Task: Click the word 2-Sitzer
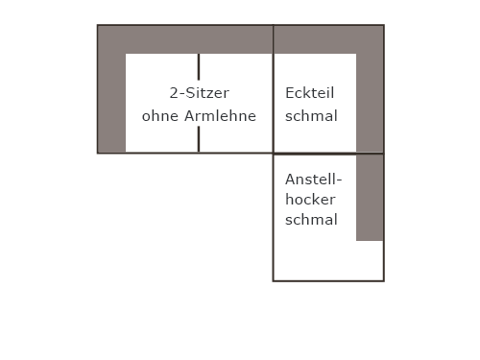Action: pyautogui.click(x=200, y=93)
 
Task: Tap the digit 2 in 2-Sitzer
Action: pyautogui.click(x=174, y=93)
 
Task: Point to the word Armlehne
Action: pyautogui.click(x=220, y=116)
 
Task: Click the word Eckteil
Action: pyautogui.click(x=309, y=93)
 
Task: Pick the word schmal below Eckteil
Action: pyautogui.click(x=311, y=116)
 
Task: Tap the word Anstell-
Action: pyautogui.click(x=314, y=180)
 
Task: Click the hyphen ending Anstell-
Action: pyautogui.click(x=338, y=181)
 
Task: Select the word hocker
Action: pyautogui.click(x=310, y=200)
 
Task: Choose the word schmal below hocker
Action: pyautogui.click(x=311, y=220)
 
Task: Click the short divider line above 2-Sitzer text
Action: pyautogui.click(x=199, y=67)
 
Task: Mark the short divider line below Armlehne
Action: pyautogui.click(x=199, y=139)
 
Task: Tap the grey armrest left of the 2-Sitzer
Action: pyautogui.click(x=111, y=103)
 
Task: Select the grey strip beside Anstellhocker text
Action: pyautogui.click(x=370, y=198)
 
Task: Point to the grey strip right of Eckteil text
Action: pyautogui.click(x=370, y=103)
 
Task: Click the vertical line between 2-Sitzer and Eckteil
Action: pyautogui.click(x=274, y=89)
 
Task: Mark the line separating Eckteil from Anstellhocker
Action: pyautogui.click(x=328, y=154)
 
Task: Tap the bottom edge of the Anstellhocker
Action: pyautogui.click(x=328, y=281)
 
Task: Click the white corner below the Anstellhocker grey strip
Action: pyautogui.click(x=370, y=260)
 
